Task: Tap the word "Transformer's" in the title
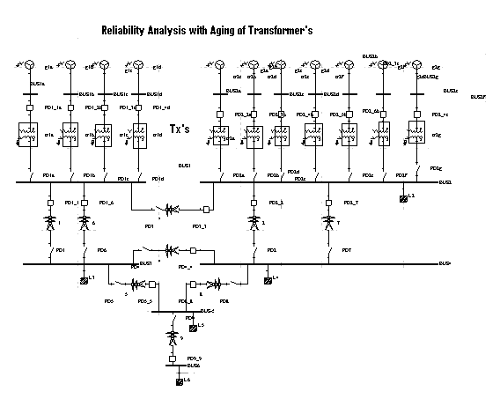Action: tap(282, 31)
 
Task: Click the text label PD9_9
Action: tap(195, 358)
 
